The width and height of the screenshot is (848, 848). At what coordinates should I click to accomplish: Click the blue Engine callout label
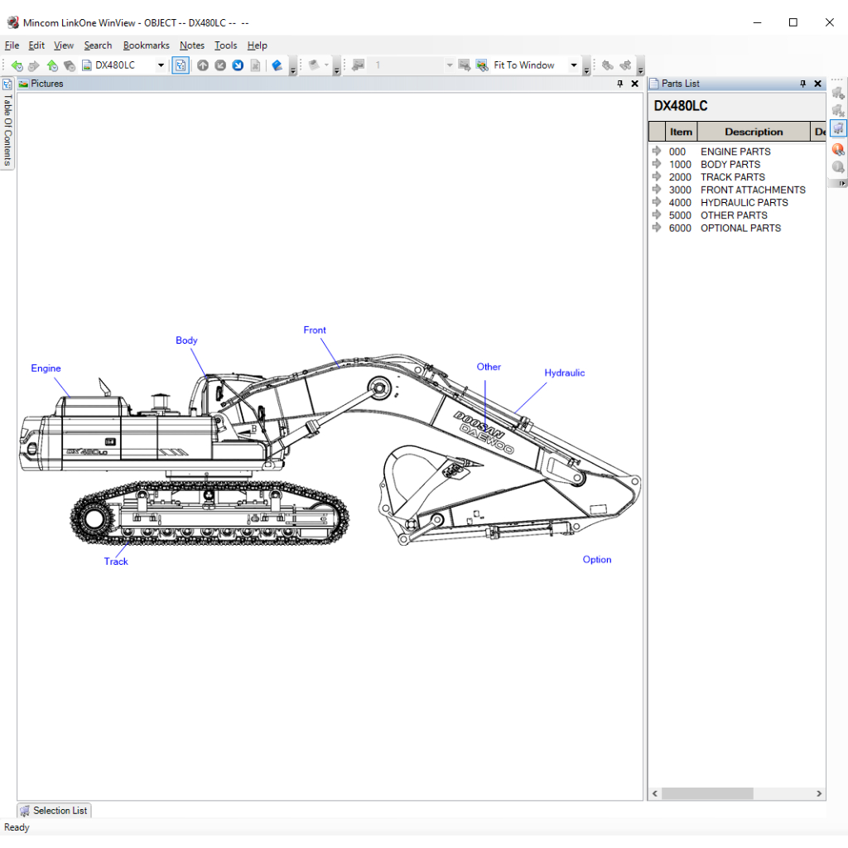click(46, 369)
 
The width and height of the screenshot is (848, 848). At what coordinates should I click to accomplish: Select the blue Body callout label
click(186, 340)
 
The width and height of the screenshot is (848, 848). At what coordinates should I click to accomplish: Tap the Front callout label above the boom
click(315, 330)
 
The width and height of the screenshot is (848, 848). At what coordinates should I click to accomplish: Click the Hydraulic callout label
click(564, 373)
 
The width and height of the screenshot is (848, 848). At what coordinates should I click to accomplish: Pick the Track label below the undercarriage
click(116, 561)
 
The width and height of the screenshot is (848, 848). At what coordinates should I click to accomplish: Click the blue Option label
click(596, 560)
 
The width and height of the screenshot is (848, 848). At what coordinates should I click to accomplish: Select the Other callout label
click(489, 367)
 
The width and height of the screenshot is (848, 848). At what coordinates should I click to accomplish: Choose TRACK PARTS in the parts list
click(732, 177)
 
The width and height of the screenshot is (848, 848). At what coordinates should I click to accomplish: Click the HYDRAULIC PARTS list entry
click(744, 202)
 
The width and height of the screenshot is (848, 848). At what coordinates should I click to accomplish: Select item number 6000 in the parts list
click(680, 228)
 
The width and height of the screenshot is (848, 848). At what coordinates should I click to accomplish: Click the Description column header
click(753, 132)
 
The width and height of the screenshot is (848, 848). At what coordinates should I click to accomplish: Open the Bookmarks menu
click(146, 46)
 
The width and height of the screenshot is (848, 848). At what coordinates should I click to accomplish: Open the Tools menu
click(225, 46)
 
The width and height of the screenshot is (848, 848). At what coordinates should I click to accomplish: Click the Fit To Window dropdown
click(535, 65)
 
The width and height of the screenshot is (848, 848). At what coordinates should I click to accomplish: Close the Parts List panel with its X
click(817, 84)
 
